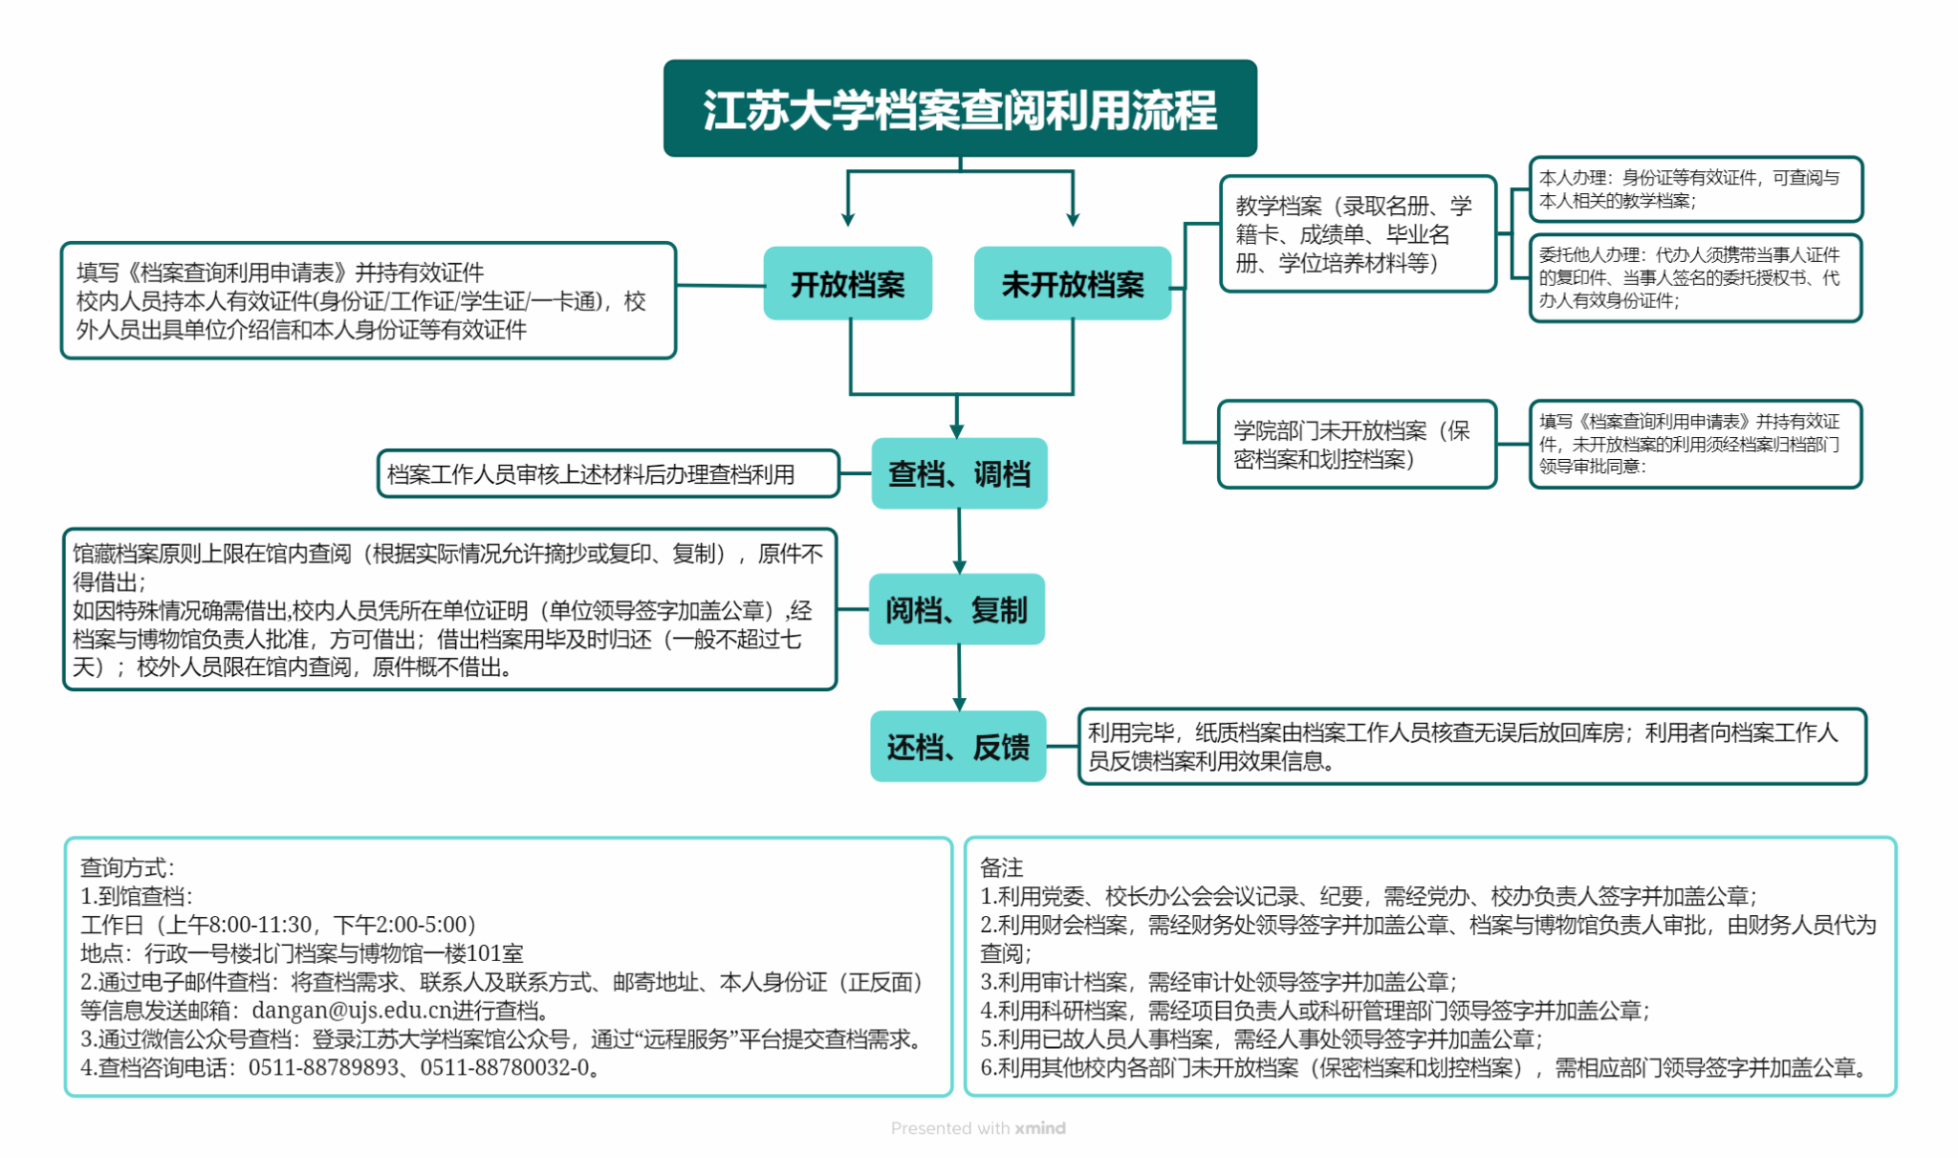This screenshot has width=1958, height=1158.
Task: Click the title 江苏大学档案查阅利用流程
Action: click(x=960, y=109)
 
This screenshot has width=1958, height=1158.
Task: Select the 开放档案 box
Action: click(x=847, y=284)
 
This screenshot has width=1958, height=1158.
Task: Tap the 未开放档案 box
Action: click(x=1072, y=284)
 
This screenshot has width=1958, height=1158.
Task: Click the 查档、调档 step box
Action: click(x=959, y=473)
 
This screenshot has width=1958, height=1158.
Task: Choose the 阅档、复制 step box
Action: click(x=956, y=609)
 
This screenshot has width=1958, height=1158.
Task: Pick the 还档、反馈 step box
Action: click(x=958, y=747)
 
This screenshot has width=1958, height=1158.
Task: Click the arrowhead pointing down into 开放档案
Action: click(x=847, y=219)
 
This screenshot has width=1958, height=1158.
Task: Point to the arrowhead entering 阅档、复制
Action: click(x=959, y=567)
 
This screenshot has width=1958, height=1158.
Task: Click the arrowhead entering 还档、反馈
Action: click(x=959, y=704)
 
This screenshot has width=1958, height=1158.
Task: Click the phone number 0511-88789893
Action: click(x=323, y=1067)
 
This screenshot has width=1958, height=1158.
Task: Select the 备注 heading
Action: click(x=1001, y=867)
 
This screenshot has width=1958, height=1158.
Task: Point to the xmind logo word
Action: click(x=1040, y=1128)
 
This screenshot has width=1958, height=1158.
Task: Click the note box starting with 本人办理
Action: click(x=1695, y=189)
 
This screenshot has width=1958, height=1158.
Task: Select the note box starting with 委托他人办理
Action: click(x=1695, y=278)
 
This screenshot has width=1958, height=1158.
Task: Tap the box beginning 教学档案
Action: click(x=1358, y=234)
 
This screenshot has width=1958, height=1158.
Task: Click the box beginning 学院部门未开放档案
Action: click(x=1357, y=445)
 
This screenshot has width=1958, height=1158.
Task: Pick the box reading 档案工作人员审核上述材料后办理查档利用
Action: click(x=608, y=474)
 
